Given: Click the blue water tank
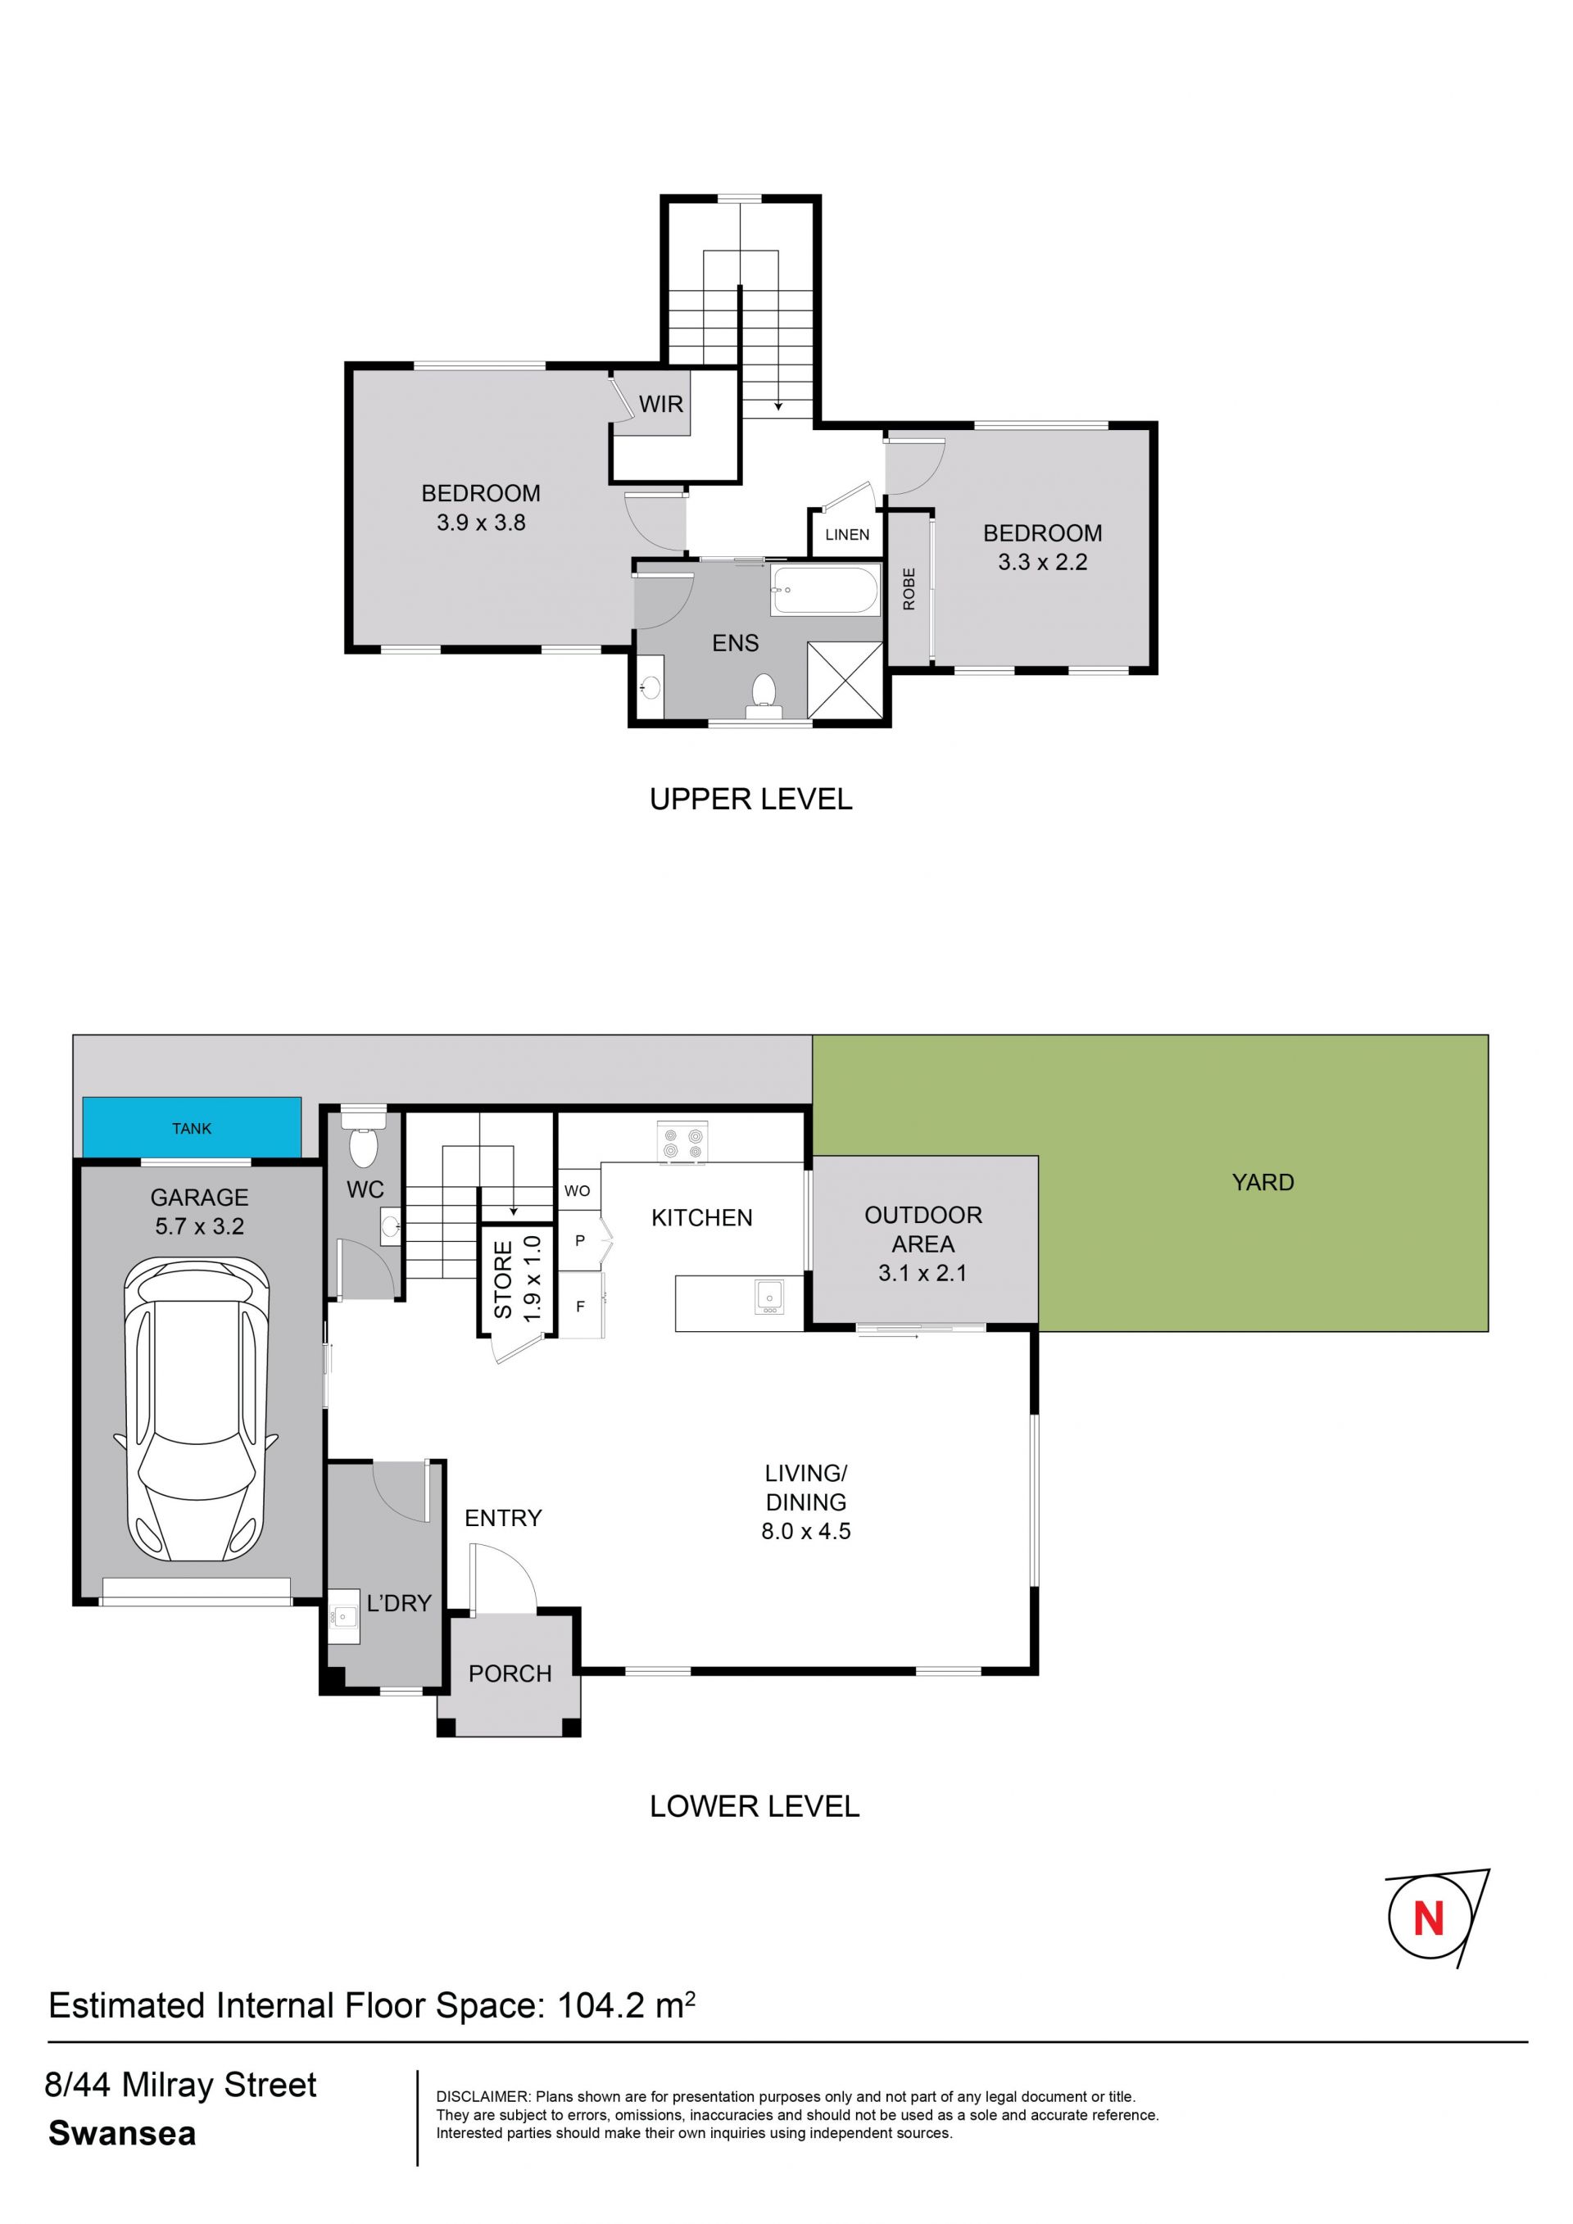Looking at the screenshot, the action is point(192,1126).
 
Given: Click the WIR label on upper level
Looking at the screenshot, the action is point(660,404).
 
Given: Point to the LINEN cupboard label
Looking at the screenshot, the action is point(846,534).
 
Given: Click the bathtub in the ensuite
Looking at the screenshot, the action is point(825,590).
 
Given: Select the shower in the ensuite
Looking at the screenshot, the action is point(845,679).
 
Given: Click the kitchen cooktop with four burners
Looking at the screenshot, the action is point(682,1141).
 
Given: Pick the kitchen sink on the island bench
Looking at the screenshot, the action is point(770,1296).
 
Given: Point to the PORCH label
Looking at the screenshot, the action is point(510,1673).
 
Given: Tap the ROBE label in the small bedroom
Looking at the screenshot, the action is point(909,589).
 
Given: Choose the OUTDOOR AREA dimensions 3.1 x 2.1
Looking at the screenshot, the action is point(922,1273).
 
